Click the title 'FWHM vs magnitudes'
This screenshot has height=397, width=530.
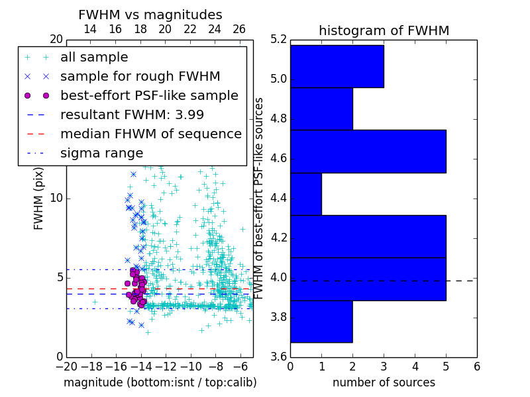[150, 15]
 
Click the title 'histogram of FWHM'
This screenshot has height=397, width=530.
[384, 30]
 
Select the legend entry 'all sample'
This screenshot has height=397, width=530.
[94, 58]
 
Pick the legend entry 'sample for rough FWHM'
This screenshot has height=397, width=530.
[140, 77]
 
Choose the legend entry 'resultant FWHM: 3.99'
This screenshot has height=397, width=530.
[132, 115]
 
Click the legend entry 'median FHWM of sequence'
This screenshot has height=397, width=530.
[150, 134]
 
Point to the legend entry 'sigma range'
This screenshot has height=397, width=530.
[101, 154]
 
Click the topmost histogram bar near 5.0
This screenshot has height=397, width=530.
[337, 66]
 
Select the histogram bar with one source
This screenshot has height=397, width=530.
[306, 194]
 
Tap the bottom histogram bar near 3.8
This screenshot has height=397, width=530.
[321, 321]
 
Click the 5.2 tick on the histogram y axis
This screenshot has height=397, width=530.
[278, 40]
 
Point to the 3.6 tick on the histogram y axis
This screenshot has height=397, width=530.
[278, 357]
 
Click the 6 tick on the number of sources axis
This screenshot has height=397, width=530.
[476, 365]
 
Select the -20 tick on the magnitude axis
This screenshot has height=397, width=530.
[66, 365]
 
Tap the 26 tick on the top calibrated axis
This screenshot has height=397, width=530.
[239, 29]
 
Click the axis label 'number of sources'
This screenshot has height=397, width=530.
[384, 382]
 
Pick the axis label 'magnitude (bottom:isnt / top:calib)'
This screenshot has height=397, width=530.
[160, 382]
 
